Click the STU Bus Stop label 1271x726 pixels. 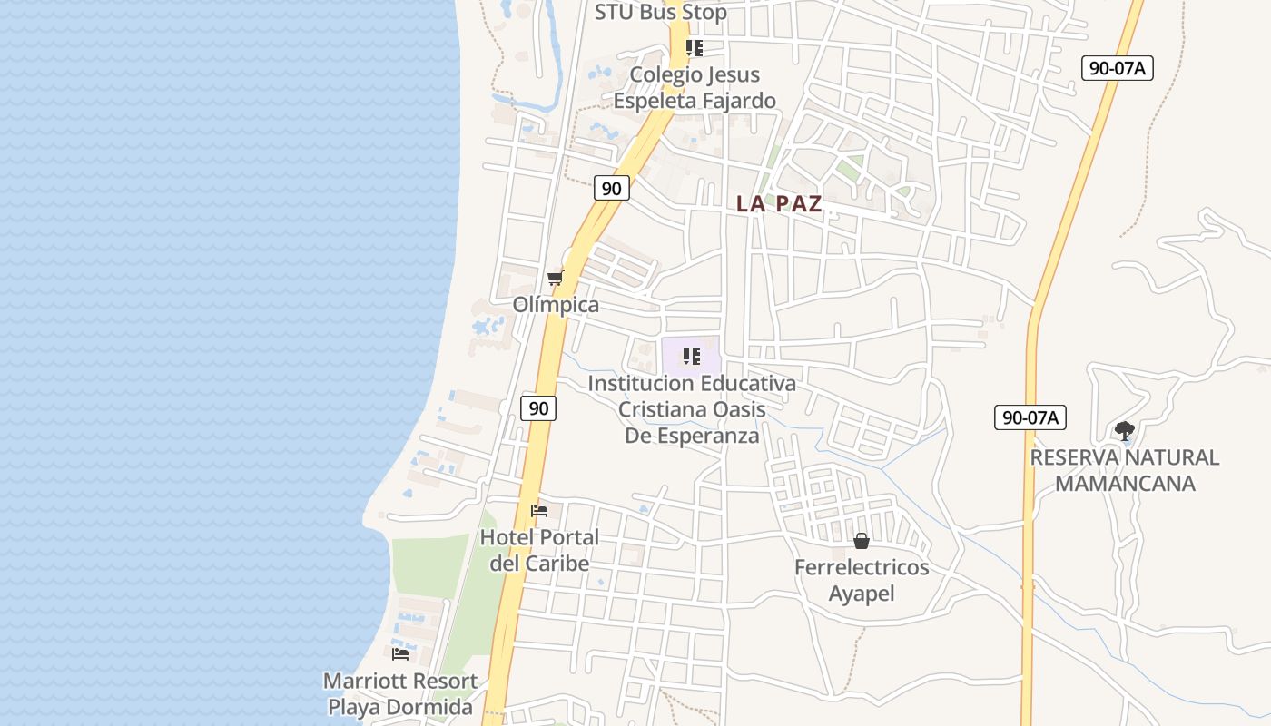[660, 13]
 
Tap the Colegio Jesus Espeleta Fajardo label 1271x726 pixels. [695, 87]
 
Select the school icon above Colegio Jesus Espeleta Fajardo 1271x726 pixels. [695, 48]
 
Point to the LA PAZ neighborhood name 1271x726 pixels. [779, 203]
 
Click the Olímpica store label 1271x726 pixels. [556, 305]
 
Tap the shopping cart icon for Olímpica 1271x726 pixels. [555, 278]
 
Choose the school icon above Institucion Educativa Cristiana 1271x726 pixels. [692, 358]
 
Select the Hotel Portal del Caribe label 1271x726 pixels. [539, 550]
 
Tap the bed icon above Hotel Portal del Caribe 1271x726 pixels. [539, 511]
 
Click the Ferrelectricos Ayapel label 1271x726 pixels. [862, 580]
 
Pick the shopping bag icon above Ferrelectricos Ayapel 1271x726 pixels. [862, 542]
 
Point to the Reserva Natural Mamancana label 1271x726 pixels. [1125, 470]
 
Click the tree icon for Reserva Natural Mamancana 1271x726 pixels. [1125, 430]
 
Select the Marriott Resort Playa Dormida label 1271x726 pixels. [400, 693]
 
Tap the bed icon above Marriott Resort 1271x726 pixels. [400, 654]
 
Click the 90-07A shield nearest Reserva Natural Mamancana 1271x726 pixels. [1030, 417]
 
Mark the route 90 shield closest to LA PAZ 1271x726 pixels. [612, 188]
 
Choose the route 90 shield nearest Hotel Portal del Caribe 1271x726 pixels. [538, 408]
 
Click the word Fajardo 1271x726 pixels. [735, 101]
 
